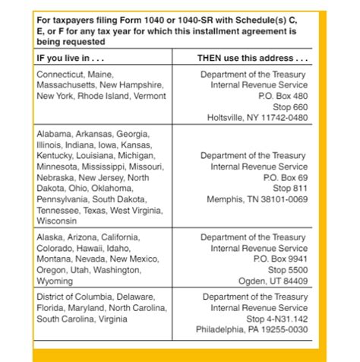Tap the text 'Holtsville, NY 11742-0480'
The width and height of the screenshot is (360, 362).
coord(257,118)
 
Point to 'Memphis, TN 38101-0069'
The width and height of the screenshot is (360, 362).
coord(257,199)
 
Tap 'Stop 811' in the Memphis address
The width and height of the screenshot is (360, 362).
coord(290,188)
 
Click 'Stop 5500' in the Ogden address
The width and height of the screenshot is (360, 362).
coord(288,270)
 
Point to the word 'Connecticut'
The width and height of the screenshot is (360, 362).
coord(62,75)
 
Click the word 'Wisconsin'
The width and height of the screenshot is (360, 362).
coord(57,221)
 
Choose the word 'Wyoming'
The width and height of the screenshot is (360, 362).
coord(55,281)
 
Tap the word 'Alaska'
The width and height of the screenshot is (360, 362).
coord(50,237)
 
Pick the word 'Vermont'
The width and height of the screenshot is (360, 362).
coord(150,96)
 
